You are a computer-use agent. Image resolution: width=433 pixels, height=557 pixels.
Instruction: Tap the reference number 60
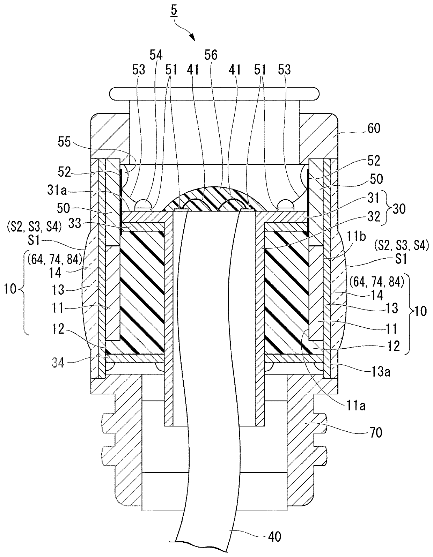click(x=374, y=128)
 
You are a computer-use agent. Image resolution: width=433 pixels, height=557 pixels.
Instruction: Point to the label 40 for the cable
click(x=274, y=536)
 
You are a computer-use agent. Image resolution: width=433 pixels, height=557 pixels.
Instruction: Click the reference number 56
click(x=211, y=55)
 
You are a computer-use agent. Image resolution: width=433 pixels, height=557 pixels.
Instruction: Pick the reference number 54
click(x=156, y=55)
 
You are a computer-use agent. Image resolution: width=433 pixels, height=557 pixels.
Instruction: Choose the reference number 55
click(x=64, y=141)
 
